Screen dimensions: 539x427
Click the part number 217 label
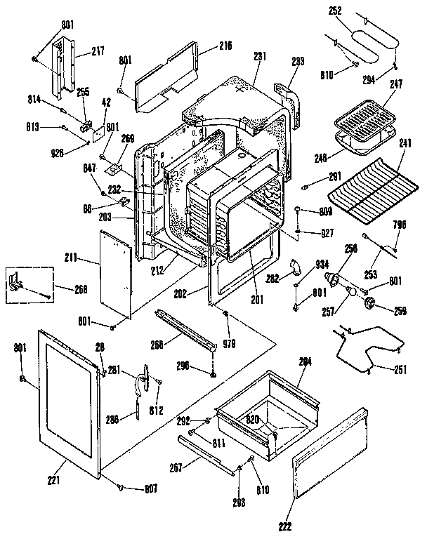[x=97, y=51]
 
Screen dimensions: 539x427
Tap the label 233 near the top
[x=298, y=61]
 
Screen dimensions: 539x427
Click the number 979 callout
[x=229, y=344]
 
